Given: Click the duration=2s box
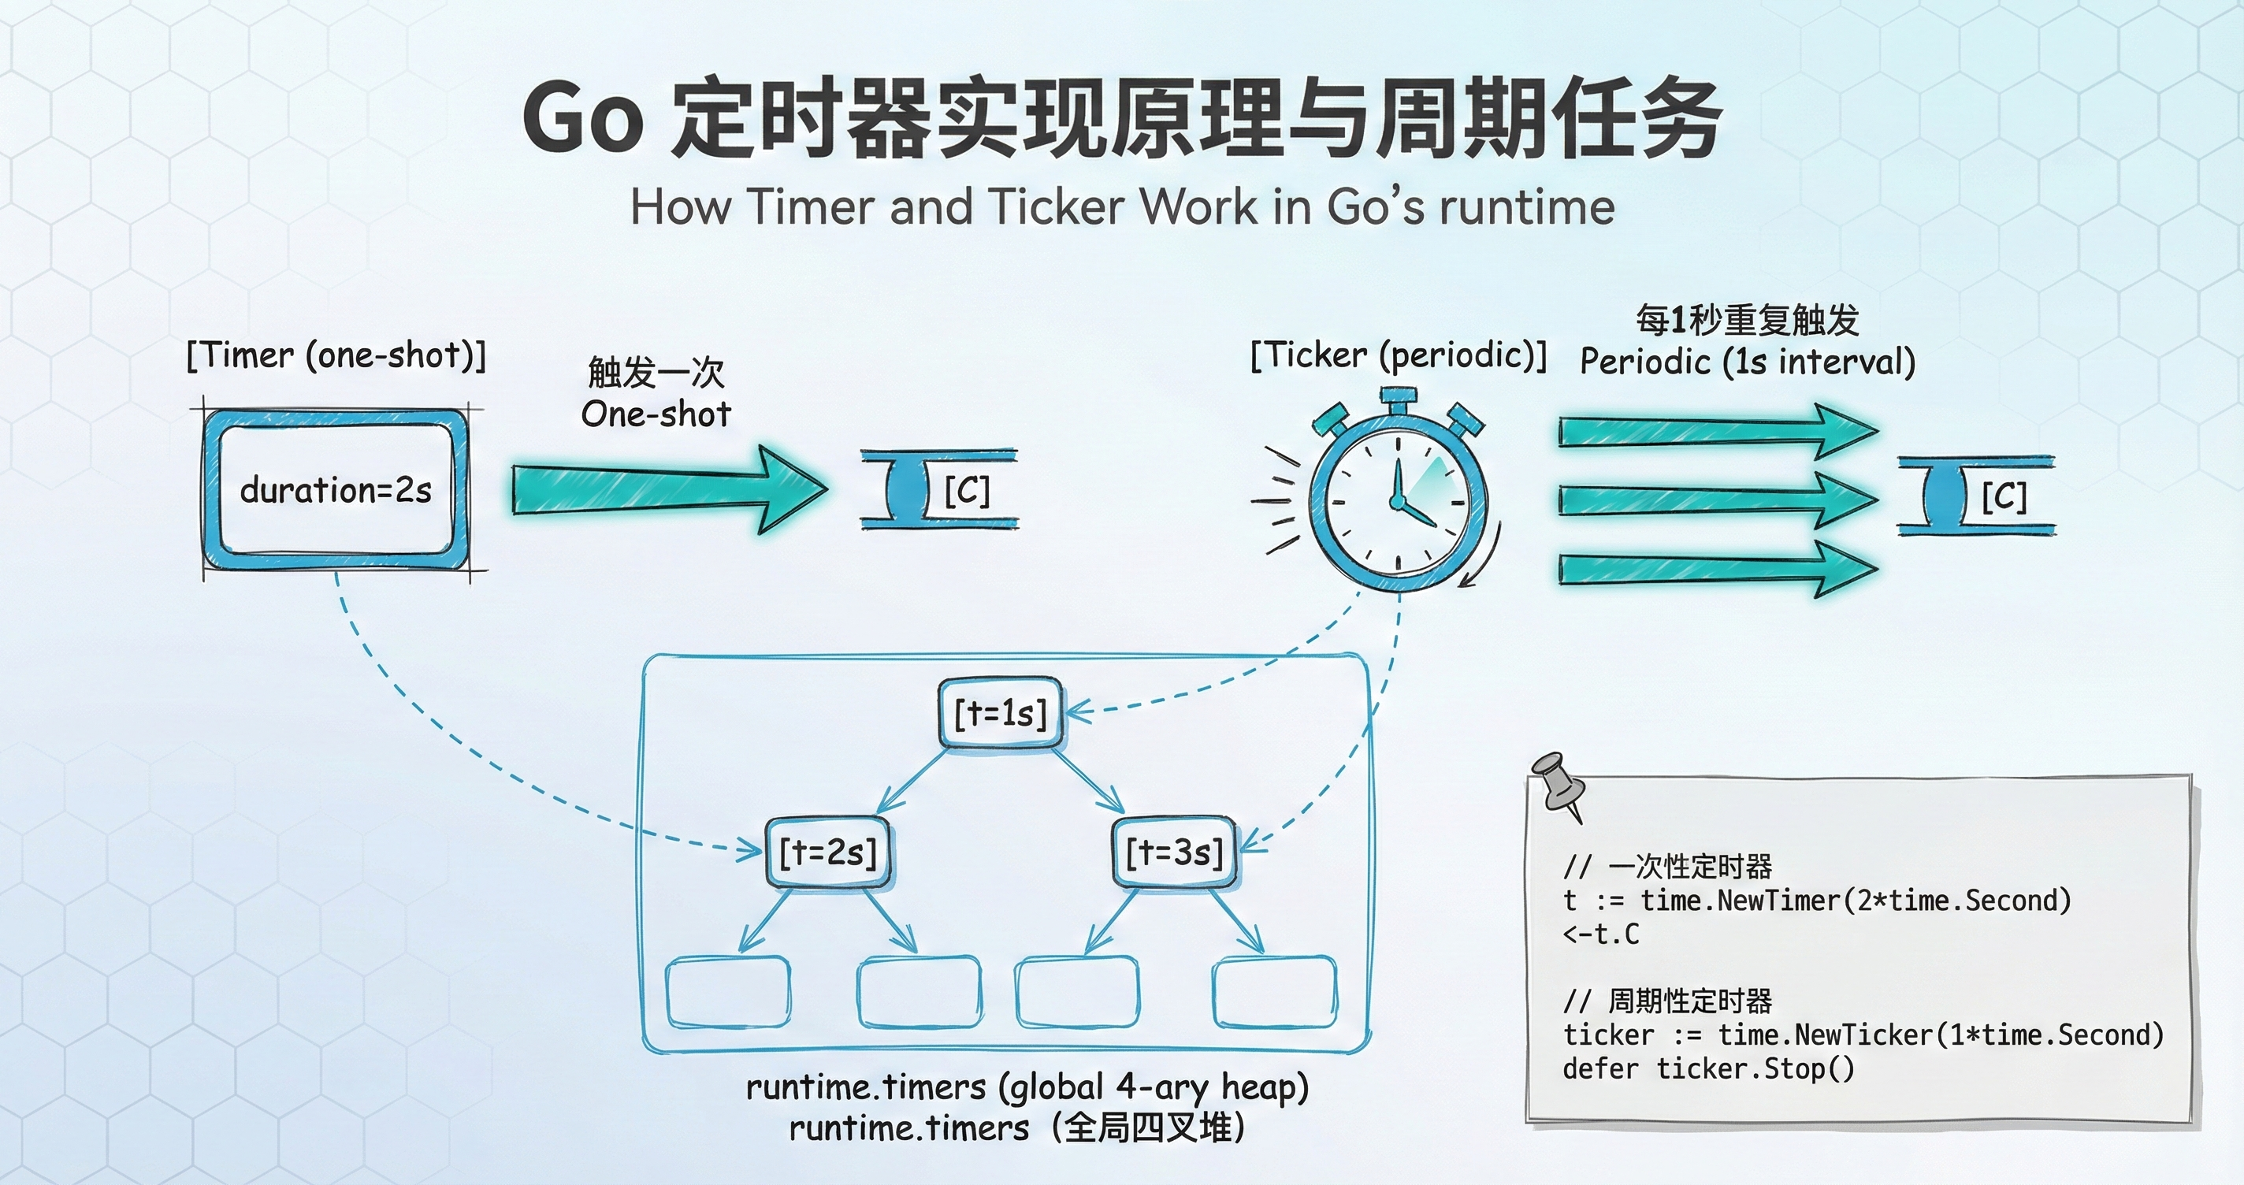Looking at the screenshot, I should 336,491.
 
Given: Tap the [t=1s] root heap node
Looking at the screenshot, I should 1000,714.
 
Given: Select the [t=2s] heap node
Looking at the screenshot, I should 827,853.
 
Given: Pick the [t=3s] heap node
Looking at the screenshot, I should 1174,853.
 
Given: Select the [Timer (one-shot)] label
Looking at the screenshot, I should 336,355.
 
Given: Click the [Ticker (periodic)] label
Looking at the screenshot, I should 1397,355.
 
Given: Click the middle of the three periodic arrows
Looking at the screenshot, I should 1716,500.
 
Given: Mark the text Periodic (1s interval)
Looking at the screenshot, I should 1748,362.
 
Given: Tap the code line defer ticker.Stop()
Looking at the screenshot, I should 1708,1068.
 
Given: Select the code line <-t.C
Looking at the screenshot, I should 1601,934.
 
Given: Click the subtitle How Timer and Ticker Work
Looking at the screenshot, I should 1122,207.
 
